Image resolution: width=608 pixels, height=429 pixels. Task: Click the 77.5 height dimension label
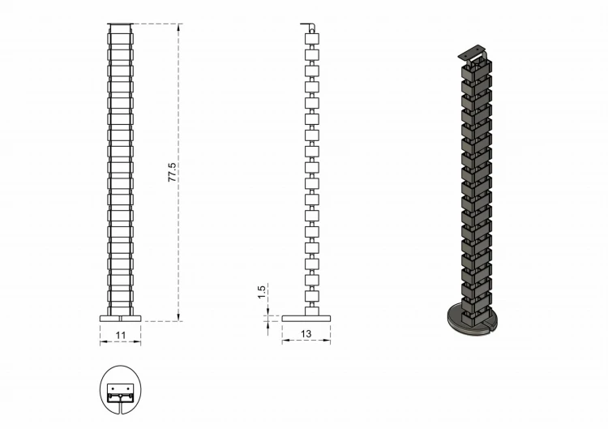coord(172,172)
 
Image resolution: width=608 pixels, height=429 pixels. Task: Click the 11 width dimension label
coord(121,335)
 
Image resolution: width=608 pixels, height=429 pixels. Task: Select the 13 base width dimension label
coord(306,333)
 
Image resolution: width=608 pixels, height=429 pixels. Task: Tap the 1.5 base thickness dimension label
coord(262,292)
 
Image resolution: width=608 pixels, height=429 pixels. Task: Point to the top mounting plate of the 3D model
coord(472,52)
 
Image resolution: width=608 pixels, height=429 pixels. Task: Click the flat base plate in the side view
coord(306,319)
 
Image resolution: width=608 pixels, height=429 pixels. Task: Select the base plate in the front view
coord(121,319)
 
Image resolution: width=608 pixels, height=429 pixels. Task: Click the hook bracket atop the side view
coord(309,28)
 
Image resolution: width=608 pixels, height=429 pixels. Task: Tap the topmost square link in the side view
coord(312,39)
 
